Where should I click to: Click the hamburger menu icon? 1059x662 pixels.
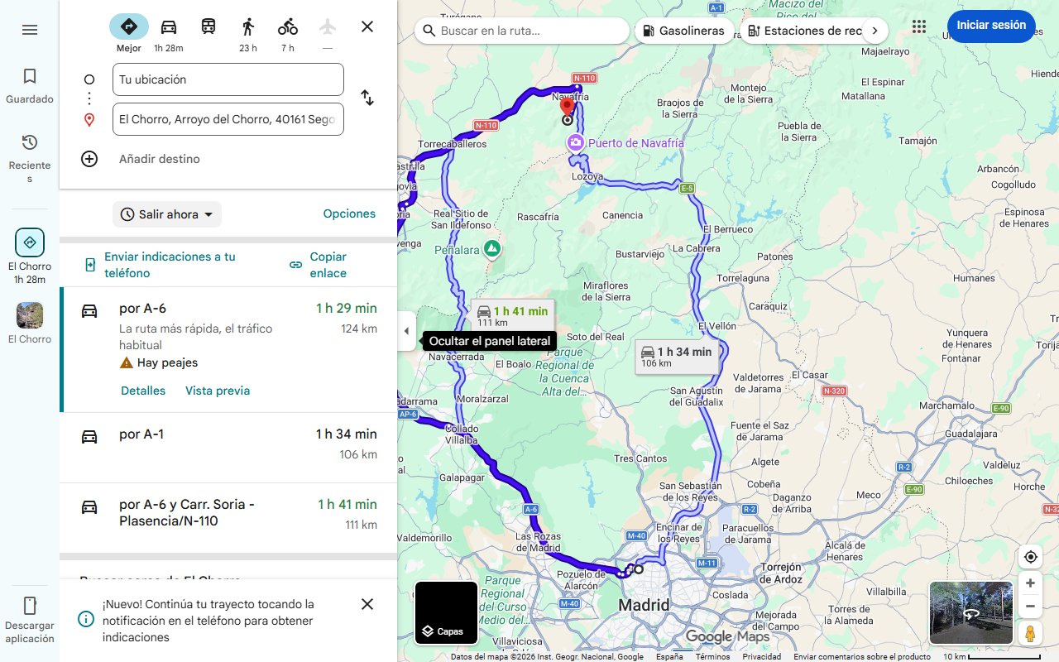point(30,30)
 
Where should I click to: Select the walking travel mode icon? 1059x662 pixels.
point(248,26)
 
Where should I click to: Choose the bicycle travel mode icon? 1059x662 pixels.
point(288,26)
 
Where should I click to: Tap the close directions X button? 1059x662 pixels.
point(367,26)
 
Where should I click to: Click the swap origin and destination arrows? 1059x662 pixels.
point(367,98)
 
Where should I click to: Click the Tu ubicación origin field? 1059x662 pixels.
point(228,79)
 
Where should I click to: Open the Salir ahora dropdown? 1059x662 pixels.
point(167,214)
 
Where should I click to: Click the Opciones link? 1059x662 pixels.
point(349,213)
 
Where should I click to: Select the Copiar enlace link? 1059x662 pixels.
point(328,265)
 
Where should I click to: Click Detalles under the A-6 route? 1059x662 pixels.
point(143,391)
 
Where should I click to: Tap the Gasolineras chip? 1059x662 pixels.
point(683,31)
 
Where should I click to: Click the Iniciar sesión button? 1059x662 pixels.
point(990,26)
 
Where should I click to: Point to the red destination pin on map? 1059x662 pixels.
point(567,106)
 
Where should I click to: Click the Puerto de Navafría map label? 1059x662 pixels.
point(635,143)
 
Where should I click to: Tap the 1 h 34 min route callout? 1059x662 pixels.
point(676,356)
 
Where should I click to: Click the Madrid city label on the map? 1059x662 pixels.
point(644,605)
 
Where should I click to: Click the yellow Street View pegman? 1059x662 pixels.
point(1030,634)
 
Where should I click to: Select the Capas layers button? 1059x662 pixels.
point(446,613)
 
